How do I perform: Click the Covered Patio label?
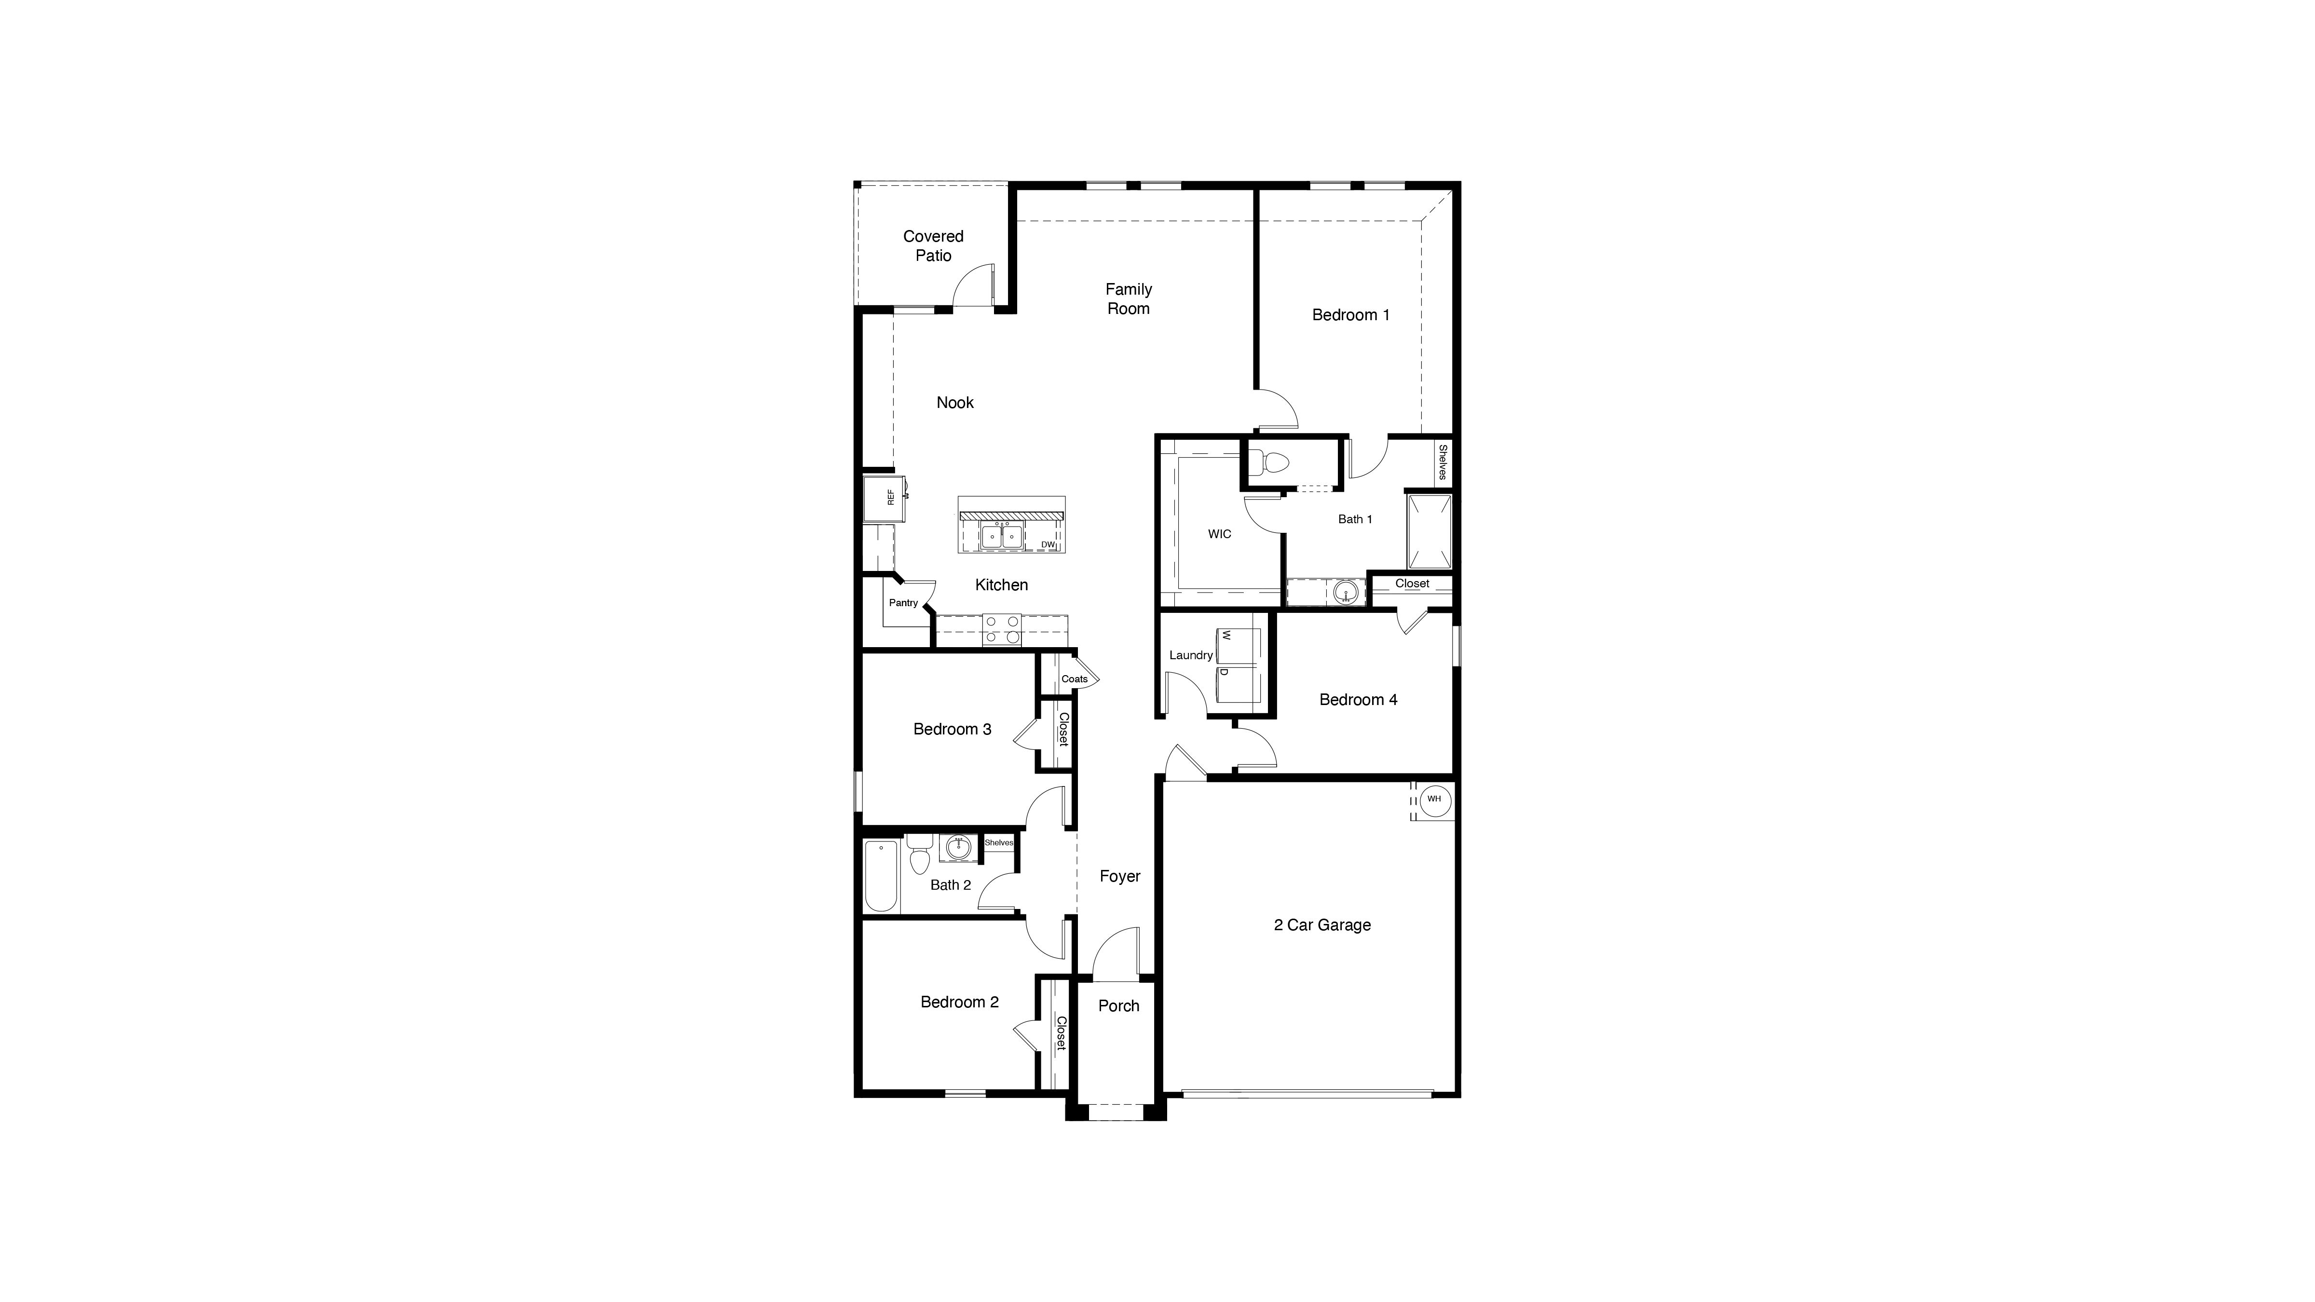[933, 245]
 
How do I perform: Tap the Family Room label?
[1128, 298]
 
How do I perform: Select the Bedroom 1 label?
[1350, 314]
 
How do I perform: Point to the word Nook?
[954, 403]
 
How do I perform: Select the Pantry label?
[903, 603]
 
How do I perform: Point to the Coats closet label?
[1074, 678]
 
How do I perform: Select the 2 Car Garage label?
[1322, 924]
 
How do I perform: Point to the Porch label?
[1118, 1005]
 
